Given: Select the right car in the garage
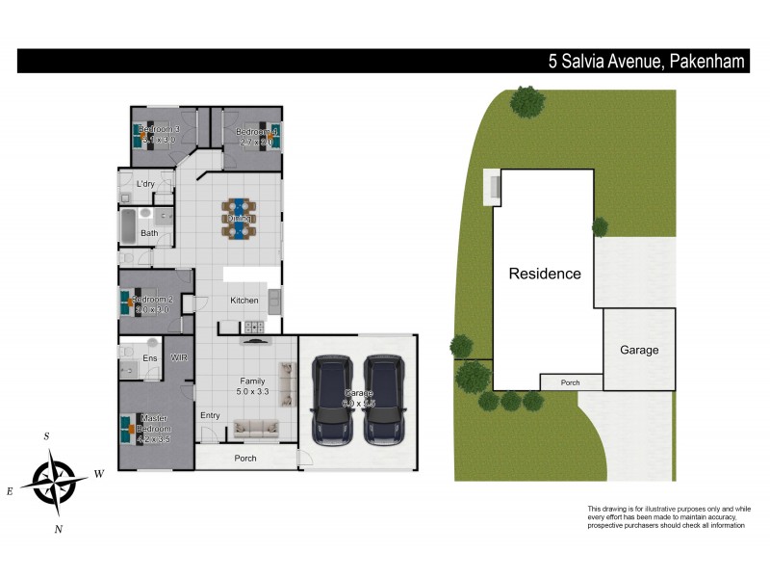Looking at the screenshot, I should coord(385,397).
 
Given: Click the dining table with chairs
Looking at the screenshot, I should coord(240,219).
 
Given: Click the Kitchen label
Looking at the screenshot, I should coord(244,301).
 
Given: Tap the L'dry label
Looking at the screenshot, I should coord(146,183).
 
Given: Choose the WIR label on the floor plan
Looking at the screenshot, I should coord(179,357).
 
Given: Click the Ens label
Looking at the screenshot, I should coord(150,358).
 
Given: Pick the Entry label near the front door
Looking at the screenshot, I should coord(211,415).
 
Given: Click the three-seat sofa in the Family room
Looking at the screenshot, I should coord(255,429).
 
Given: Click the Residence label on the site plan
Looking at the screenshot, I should coord(545,274).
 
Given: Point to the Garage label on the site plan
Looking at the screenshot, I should coord(639,350).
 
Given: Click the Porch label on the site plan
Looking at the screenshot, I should coord(571,382).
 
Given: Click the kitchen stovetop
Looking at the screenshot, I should coord(256,328).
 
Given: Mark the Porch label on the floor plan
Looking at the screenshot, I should coord(245,458).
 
